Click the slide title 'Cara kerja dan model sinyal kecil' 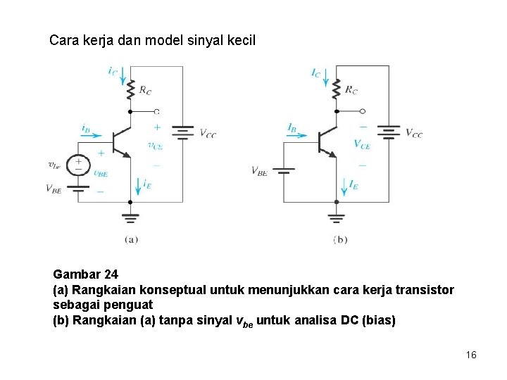[x=152, y=40]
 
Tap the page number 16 [x=471, y=355]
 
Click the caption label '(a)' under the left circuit [x=131, y=239]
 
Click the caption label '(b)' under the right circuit [x=340, y=239]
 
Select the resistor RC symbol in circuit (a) [x=130, y=90]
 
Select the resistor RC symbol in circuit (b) [x=336, y=89]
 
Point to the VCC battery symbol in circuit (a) [x=182, y=132]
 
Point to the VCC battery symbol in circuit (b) [x=389, y=132]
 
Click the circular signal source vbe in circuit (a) [x=78, y=165]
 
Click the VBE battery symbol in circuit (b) [x=283, y=170]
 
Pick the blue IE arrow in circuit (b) [x=344, y=185]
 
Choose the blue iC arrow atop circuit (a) [x=123, y=73]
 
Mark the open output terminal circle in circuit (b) [x=362, y=111]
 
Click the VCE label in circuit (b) [x=362, y=144]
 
